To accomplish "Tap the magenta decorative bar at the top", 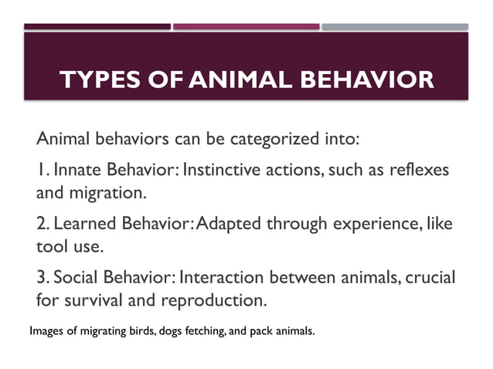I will [x=246, y=26].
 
